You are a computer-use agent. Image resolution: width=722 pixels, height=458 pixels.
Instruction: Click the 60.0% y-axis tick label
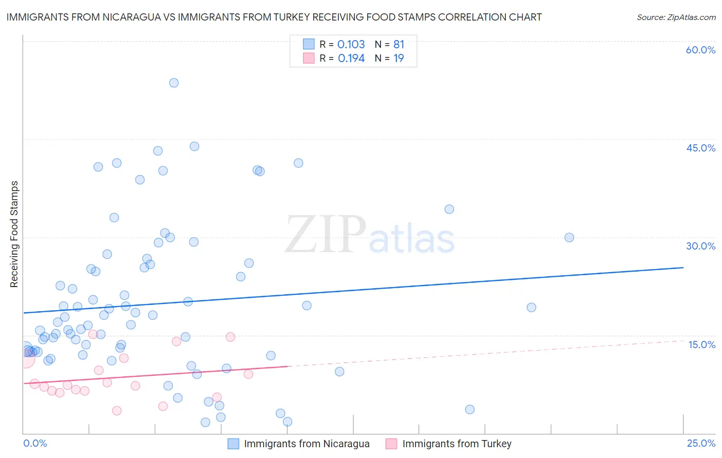pyautogui.click(x=700, y=50)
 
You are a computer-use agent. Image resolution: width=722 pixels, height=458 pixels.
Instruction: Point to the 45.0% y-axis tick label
pyautogui.click(x=700, y=148)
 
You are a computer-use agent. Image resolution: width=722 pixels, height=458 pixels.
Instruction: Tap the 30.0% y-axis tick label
pyautogui.click(x=700, y=246)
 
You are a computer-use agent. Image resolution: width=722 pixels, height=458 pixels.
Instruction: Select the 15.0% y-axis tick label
pyautogui.click(x=701, y=345)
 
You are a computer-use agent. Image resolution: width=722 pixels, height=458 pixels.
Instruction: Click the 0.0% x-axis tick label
pyautogui.click(x=35, y=443)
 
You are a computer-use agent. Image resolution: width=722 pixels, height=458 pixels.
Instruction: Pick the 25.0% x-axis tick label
pyautogui.click(x=701, y=443)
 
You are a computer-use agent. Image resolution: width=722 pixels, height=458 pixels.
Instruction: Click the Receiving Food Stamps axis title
pyautogui.click(x=14, y=234)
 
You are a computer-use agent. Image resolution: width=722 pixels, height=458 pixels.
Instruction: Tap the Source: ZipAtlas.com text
pyautogui.click(x=676, y=17)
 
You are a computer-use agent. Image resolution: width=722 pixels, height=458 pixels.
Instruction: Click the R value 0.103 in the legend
pyautogui.click(x=351, y=45)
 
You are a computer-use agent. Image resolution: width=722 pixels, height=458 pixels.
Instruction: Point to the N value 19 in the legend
pyautogui.click(x=398, y=59)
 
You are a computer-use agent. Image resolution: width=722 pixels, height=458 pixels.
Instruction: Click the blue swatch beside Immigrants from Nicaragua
pyautogui.click(x=234, y=444)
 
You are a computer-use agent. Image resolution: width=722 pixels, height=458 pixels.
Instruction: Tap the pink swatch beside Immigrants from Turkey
pyautogui.click(x=392, y=444)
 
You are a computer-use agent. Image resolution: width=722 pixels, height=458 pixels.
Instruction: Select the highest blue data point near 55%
pyautogui.click(x=174, y=83)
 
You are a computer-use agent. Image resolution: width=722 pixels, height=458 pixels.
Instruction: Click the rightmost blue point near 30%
pyautogui.click(x=569, y=237)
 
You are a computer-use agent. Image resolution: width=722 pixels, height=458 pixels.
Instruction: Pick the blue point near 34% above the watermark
pyautogui.click(x=449, y=209)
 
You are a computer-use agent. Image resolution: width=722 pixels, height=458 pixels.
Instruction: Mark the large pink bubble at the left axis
pyautogui.click(x=25, y=359)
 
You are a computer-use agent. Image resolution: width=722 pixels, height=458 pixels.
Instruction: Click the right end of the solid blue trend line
pyautogui.click(x=683, y=268)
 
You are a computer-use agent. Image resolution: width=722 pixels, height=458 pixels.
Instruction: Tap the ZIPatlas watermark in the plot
pyautogui.click(x=370, y=235)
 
